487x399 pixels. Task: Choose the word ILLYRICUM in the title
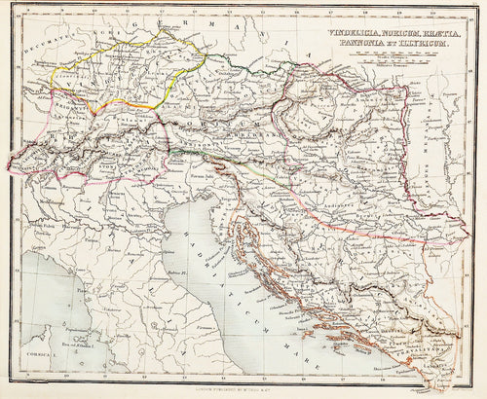pyautogui.click(x=430, y=43)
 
